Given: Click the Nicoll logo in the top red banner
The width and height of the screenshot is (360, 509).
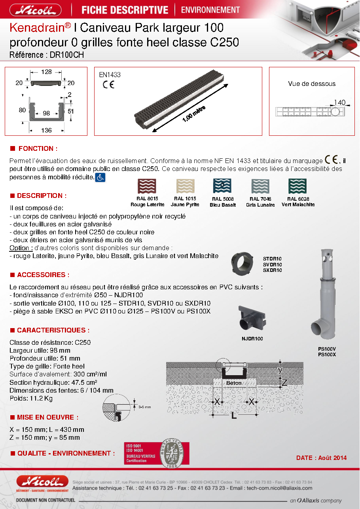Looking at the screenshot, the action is [36, 10].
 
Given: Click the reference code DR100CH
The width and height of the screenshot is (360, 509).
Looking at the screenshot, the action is [67, 55].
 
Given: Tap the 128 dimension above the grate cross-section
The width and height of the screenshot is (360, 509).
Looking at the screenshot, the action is [46, 72].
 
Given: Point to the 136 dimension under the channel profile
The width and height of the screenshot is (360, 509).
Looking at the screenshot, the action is [46, 130].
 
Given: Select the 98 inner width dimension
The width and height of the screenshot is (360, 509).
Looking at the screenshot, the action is [46, 113].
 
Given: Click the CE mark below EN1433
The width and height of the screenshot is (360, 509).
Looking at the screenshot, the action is [108, 85].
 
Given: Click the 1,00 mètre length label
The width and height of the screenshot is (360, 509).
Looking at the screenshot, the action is [194, 114].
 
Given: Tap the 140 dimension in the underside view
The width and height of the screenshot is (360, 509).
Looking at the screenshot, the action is [339, 103].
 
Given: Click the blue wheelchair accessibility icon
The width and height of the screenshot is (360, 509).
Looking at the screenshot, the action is [100, 177].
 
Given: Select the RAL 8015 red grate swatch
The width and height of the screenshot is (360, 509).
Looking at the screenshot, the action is [147, 186].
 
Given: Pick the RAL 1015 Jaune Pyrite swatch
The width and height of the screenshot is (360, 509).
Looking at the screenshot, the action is [185, 186].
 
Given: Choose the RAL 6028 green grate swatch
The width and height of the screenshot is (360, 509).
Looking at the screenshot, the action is [297, 186].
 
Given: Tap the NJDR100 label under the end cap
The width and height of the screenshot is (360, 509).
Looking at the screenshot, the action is [252, 339].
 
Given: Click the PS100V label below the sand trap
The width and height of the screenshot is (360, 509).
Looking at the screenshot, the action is [327, 349].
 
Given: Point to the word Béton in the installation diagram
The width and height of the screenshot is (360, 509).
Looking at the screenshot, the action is [234, 383].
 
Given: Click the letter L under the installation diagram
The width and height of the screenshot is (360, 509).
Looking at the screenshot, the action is [234, 416].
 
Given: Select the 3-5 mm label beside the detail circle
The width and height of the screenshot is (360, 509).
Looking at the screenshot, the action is [145, 407].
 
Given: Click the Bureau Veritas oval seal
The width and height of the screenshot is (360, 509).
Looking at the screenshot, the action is [172, 454].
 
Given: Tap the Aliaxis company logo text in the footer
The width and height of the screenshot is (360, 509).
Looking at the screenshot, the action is [316, 500].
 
